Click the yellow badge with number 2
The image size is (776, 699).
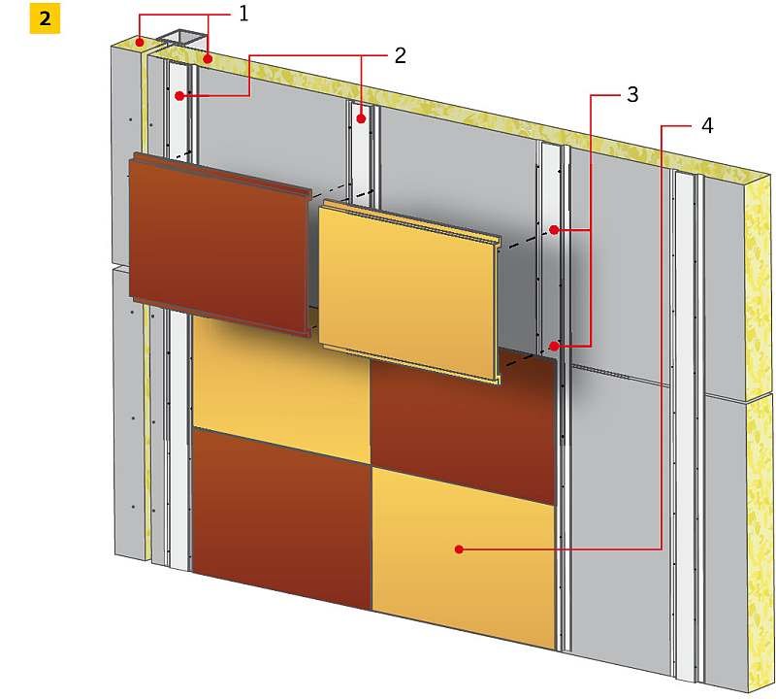click(x=45, y=18)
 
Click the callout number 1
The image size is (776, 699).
click(x=243, y=15)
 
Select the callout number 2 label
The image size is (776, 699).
click(x=400, y=55)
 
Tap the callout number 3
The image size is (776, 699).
click(x=632, y=94)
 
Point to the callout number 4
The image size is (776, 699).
click(x=707, y=126)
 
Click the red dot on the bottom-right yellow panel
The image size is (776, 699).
click(x=459, y=549)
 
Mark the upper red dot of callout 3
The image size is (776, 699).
click(x=554, y=230)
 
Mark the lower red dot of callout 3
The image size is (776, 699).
click(x=554, y=347)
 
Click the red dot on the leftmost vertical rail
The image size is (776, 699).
click(x=179, y=95)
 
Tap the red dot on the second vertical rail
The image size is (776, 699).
click(x=361, y=118)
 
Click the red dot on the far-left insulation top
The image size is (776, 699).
click(x=140, y=42)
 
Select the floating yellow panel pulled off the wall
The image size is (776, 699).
click(x=408, y=292)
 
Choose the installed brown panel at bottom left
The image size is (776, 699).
click(x=281, y=518)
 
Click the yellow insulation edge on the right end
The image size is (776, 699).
click(x=758, y=431)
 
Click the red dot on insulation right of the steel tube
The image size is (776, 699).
click(x=209, y=59)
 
